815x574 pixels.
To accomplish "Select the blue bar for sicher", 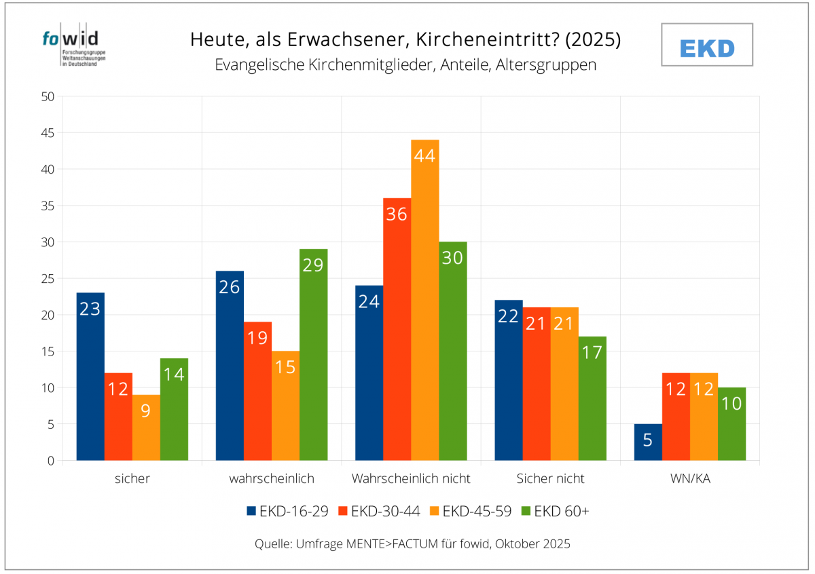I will (x=90, y=377).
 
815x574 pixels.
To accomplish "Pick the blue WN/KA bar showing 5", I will (x=648, y=442).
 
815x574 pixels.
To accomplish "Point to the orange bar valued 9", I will (x=146, y=427).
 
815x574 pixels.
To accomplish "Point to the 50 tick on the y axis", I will (x=48, y=96).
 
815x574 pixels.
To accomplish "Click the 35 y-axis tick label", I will (x=48, y=206).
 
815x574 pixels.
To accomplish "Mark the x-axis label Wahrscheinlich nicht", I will (x=411, y=478).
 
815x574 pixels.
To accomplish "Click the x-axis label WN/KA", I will (x=690, y=478).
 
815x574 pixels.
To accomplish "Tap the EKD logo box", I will (x=707, y=45).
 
